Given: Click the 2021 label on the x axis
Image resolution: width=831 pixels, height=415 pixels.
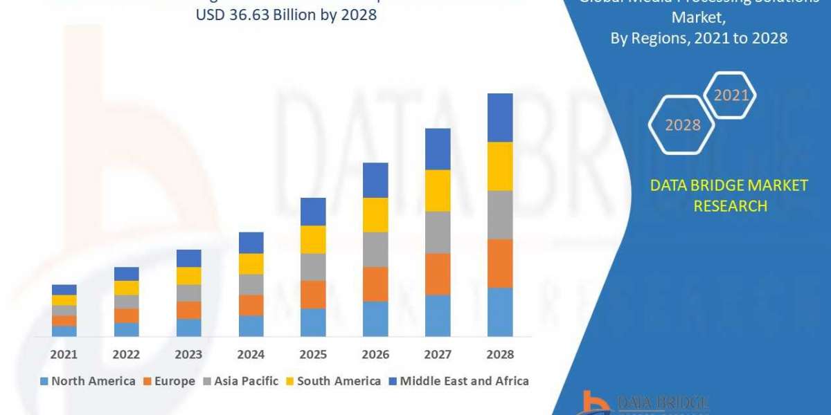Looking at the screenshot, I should (x=64, y=354).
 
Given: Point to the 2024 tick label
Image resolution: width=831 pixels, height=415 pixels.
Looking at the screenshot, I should (x=251, y=354).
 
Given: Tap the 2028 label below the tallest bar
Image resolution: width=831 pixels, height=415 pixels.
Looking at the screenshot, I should (x=500, y=354).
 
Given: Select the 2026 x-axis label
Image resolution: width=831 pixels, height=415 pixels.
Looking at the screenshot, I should (x=375, y=354).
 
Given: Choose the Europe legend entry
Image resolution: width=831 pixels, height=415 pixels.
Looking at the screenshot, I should (x=170, y=381).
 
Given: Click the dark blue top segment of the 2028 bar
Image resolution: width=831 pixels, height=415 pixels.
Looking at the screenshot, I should (x=500, y=118).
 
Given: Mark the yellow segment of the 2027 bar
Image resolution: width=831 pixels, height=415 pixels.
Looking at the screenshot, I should (x=438, y=190).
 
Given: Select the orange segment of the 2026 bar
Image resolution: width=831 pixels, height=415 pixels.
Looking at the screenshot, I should (x=375, y=284).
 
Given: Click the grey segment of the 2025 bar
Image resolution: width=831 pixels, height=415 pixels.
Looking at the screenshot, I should (x=313, y=267).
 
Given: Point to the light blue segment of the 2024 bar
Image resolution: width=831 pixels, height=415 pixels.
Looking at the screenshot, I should (x=251, y=326).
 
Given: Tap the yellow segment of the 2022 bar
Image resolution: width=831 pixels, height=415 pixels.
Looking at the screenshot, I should (x=126, y=288).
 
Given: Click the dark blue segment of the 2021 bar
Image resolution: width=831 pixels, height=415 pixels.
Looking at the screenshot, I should (x=64, y=289).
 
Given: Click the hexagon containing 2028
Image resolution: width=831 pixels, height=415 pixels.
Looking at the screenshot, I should (x=682, y=125).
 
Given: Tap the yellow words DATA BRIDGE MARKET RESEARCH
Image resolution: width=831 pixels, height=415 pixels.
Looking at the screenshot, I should (x=729, y=195).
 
